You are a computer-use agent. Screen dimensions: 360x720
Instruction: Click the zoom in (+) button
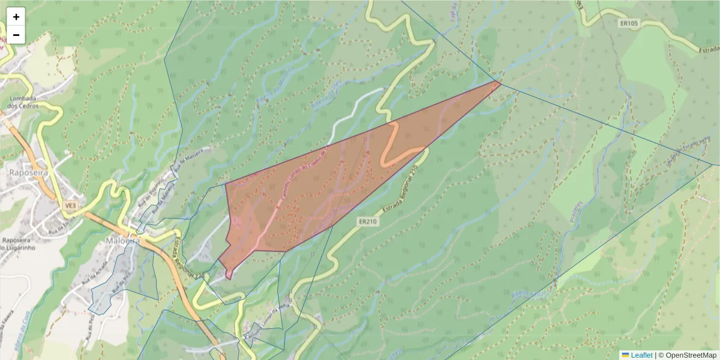click(x=16, y=17)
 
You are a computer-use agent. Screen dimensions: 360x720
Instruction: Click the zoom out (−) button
click(x=16, y=35)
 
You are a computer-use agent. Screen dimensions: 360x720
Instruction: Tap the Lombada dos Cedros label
click(x=23, y=102)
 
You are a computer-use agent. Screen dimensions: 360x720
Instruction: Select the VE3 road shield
click(x=71, y=206)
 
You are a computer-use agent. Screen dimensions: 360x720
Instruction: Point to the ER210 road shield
click(x=368, y=221)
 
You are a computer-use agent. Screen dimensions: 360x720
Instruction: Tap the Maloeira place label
click(x=123, y=241)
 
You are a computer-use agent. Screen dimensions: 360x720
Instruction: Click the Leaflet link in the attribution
click(x=641, y=355)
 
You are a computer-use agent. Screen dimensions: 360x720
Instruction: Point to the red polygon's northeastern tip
click(x=500, y=82)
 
